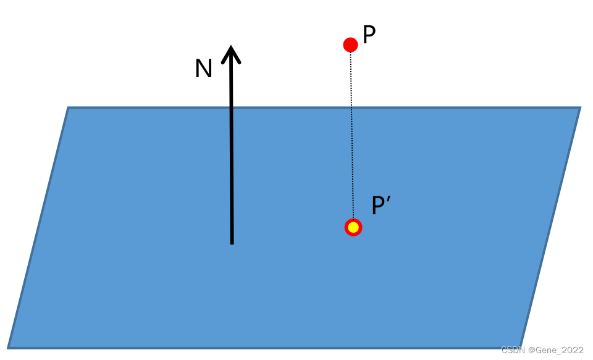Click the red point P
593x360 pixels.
point(350,44)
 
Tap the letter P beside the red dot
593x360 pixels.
point(369,36)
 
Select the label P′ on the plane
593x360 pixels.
point(379,206)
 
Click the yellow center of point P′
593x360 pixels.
point(353,227)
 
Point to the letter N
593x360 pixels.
point(203,69)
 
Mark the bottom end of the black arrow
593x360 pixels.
point(232,243)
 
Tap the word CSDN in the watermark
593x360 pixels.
point(512,350)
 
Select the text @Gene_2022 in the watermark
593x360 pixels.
point(555,350)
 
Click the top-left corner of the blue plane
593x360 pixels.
point(69,108)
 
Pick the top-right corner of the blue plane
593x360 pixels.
point(579,108)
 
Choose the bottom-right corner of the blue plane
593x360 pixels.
point(520,346)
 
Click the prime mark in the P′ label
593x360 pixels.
point(389,200)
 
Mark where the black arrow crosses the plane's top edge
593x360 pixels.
point(231,108)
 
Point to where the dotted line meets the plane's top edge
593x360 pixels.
point(351,108)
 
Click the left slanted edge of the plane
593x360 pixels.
point(38,227)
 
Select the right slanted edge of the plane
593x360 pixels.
point(550,227)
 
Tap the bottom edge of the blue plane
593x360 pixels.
point(266,346)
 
